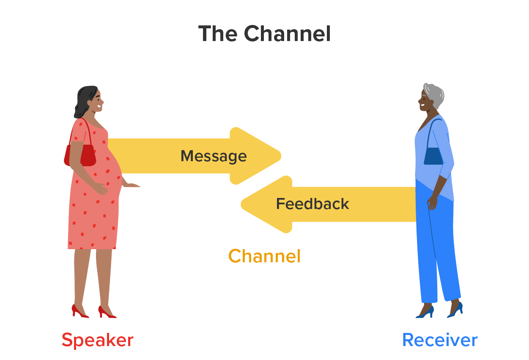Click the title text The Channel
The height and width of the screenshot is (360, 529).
264,34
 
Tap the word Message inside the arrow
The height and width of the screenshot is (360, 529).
214,156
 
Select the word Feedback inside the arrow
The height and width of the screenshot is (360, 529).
312,204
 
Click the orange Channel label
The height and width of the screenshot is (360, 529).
264,256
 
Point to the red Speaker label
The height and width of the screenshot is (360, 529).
97,340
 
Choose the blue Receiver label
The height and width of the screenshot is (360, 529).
439,340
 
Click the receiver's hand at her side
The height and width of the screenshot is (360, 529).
432,202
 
